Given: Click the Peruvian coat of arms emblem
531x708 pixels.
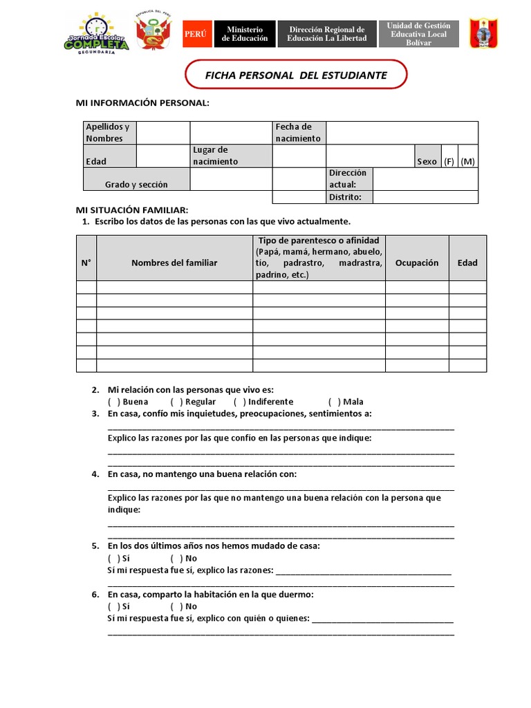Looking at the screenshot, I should click(153, 33).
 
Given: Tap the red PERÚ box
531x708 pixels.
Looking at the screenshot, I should click(197, 34).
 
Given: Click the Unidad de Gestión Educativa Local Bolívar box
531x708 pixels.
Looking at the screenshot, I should click(418, 34).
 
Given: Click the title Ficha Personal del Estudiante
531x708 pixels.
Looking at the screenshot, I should click(296, 75).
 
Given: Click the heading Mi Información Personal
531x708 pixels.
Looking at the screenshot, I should click(142, 103).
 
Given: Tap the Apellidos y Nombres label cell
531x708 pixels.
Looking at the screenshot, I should click(110, 133).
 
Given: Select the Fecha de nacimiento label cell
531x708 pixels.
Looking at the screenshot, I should click(299, 133).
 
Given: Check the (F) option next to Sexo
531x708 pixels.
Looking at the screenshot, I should click(449, 161).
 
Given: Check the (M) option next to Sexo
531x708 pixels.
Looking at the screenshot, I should click(468, 161).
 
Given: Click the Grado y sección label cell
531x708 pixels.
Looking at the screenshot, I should click(136, 185).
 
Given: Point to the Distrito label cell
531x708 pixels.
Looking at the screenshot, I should click(349, 197).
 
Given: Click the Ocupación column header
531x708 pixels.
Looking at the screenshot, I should click(417, 263).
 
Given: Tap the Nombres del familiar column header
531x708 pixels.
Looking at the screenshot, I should click(174, 263).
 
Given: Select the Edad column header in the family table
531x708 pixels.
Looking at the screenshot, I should click(467, 263).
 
